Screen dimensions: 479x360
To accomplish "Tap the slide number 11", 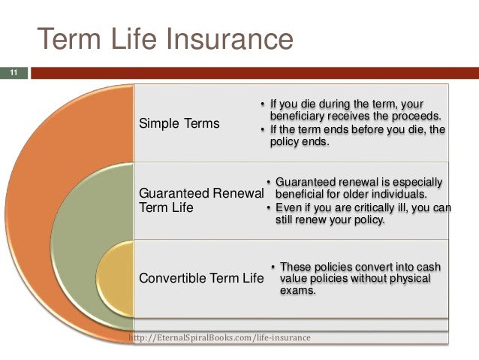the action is pos(14,73).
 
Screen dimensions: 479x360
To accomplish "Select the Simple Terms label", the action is pos(179,123).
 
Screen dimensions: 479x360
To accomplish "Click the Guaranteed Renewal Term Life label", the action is pos(201,201).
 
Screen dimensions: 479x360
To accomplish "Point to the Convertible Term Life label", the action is pos(201,278).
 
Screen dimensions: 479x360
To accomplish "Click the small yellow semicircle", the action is pos(116,279).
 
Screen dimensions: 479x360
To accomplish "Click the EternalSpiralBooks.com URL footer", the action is pos(219,337).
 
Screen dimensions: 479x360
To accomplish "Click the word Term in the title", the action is pos(69,39).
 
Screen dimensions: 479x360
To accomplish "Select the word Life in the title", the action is pos(134,38).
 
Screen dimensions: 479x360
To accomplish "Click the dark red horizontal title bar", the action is pos(255,73).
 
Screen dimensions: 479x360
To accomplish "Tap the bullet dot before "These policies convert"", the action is pos(273,267).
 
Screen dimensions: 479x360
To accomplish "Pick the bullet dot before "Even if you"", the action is pos(269,208).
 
